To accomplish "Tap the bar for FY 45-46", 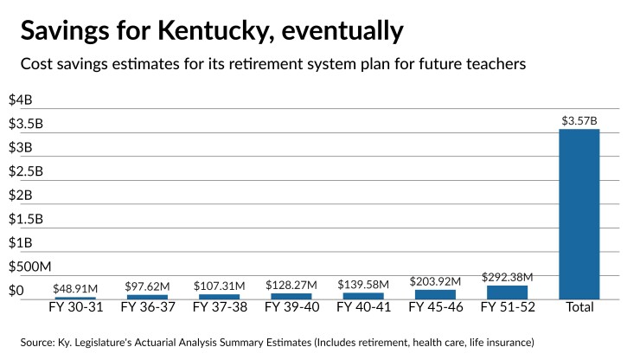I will pyautogui.click(x=435, y=294).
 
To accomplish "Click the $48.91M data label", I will pyautogui.click(x=75, y=289).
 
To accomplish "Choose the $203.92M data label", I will pyautogui.click(x=435, y=281).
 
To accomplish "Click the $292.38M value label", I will pyautogui.click(x=507, y=277).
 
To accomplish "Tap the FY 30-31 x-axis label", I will pyautogui.click(x=75, y=306).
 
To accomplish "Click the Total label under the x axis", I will pyautogui.click(x=579, y=306).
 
